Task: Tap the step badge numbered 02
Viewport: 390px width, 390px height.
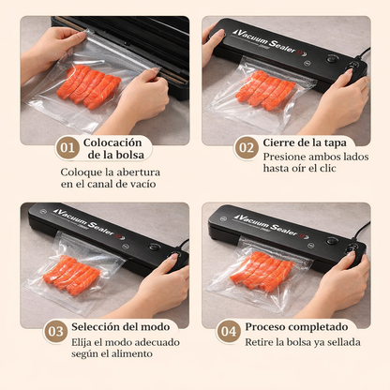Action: click(246, 148)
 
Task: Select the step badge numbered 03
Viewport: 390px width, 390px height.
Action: click(55, 330)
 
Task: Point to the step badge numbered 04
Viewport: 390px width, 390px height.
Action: click(228, 330)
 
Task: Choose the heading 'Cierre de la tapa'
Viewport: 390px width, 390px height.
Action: click(309, 142)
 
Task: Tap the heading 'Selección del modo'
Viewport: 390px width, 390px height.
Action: click(122, 326)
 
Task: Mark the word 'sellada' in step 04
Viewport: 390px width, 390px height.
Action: click(351, 343)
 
